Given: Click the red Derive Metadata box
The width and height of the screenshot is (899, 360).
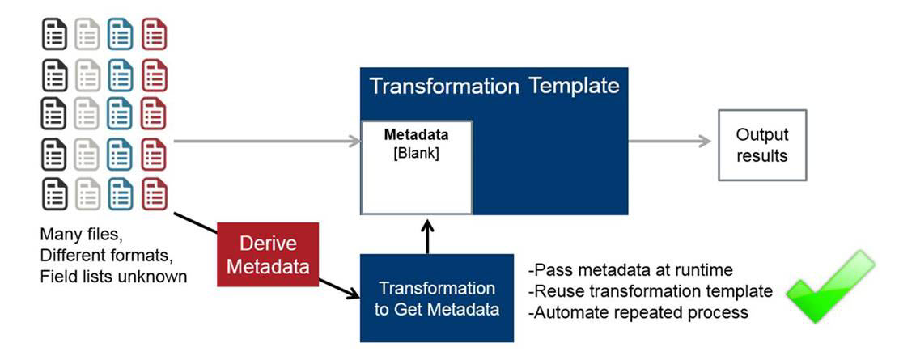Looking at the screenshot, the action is (x=268, y=255).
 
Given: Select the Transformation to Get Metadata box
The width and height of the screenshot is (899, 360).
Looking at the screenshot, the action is (x=436, y=298).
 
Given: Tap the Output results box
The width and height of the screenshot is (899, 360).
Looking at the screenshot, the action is (x=762, y=145).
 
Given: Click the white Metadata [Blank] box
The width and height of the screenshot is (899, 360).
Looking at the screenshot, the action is (x=416, y=167).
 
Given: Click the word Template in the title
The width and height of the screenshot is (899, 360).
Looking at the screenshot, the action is (x=574, y=86).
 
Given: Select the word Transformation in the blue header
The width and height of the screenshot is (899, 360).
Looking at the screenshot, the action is (x=443, y=87).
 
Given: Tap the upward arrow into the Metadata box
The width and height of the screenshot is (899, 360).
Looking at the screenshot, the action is (x=428, y=235).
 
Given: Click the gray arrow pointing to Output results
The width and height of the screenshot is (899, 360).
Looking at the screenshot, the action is (x=670, y=141).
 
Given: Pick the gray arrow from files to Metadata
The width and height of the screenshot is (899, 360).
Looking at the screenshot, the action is (x=266, y=141).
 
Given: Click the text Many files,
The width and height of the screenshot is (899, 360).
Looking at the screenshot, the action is (x=81, y=235).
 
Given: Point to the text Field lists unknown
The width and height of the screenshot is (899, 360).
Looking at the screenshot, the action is (x=113, y=277).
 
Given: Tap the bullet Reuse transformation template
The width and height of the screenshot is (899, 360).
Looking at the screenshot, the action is (x=651, y=291).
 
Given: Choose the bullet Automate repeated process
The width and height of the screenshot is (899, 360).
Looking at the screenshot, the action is (x=638, y=312).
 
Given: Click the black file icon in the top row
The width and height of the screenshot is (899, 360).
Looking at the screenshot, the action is (x=54, y=34).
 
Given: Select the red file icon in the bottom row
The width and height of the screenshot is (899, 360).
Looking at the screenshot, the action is (x=154, y=194).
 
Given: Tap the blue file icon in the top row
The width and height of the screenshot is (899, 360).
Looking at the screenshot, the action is (x=121, y=34).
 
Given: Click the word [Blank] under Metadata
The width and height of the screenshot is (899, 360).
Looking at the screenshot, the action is (x=416, y=155).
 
